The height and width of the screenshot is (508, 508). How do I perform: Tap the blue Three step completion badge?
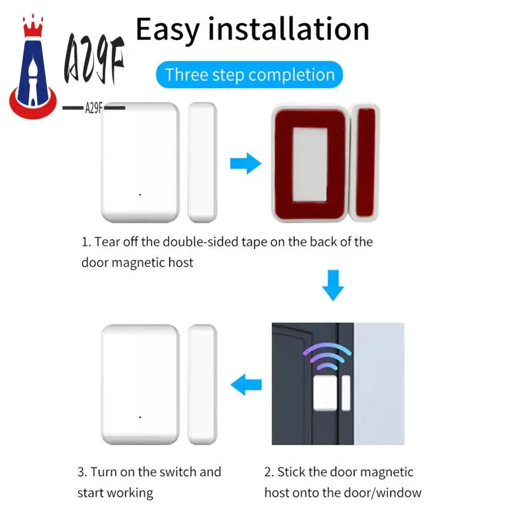click(250, 75)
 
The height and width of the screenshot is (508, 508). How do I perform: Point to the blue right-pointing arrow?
click(244, 164)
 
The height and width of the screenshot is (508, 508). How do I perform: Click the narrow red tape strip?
click(366, 162)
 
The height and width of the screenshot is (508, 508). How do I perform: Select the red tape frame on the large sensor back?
click(310, 164)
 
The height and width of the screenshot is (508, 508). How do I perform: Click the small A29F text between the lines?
click(94, 108)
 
